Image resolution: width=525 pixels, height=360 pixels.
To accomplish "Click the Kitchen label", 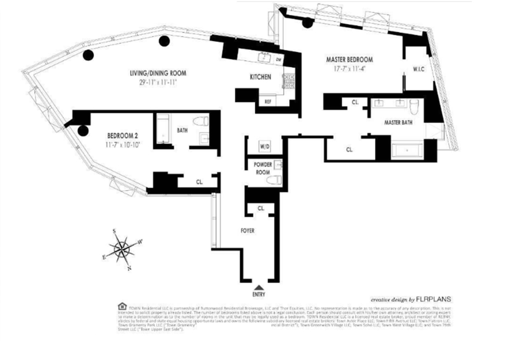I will click(x=261, y=77).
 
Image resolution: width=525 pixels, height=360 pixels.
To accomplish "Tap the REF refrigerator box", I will click(x=268, y=101).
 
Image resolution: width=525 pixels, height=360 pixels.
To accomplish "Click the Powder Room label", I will click(x=262, y=168).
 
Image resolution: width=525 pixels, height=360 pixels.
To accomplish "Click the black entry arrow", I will click(x=259, y=288).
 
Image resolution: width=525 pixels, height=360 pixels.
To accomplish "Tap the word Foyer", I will click(x=247, y=231).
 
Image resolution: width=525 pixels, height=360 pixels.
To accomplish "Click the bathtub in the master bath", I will click(x=407, y=150).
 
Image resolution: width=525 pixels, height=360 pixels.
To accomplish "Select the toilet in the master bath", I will click(x=414, y=106).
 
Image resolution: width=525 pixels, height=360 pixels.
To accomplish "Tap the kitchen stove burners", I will click(x=287, y=82).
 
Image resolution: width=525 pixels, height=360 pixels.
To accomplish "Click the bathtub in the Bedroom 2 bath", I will click(x=163, y=129).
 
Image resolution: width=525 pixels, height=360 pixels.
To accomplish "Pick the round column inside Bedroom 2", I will click(x=83, y=131).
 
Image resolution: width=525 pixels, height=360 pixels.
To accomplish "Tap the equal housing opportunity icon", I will click(x=122, y=306).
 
